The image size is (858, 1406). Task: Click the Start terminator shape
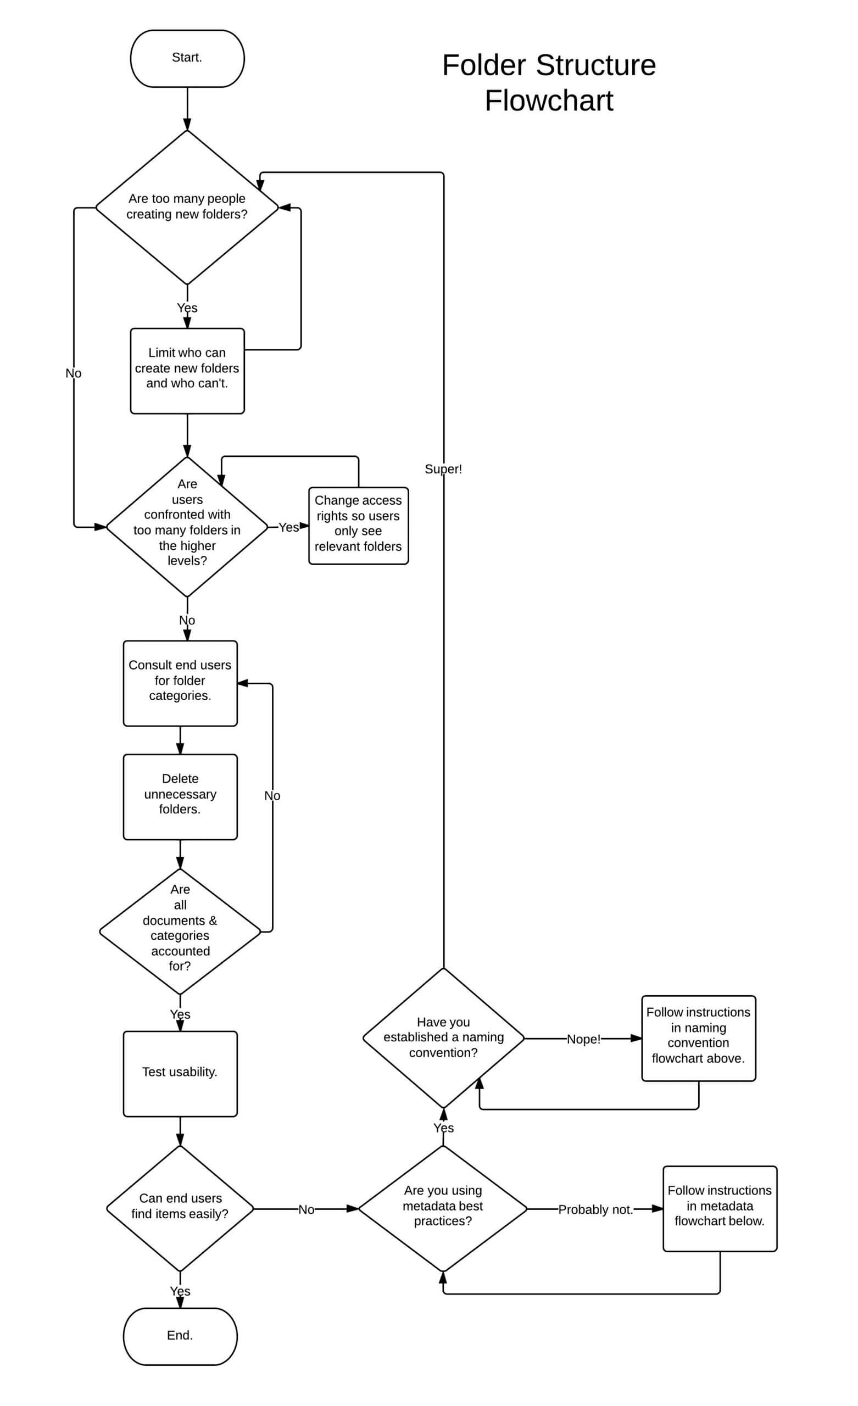(x=187, y=58)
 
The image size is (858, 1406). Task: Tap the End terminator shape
(x=180, y=1336)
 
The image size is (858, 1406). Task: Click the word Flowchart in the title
(x=548, y=101)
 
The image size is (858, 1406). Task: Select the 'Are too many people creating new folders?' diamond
(x=187, y=207)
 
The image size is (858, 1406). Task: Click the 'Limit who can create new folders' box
(x=187, y=370)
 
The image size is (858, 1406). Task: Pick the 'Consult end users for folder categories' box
(x=180, y=683)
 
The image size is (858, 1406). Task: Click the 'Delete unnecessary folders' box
(x=180, y=796)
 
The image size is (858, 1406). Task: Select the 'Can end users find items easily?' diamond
(x=180, y=1207)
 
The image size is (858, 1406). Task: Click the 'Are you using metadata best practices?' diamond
(x=442, y=1207)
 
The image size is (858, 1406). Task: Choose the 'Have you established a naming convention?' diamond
(x=443, y=1037)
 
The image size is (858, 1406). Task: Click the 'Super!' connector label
(x=443, y=469)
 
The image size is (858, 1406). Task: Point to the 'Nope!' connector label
(x=583, y=1039)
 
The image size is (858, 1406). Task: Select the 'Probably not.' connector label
(x=595, y=1209)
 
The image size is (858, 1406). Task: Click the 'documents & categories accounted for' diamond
(x=180, y=931)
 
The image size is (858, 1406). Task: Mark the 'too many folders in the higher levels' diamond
(x=187, y=526)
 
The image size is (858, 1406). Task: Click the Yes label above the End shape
(x=180, y=1291)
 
